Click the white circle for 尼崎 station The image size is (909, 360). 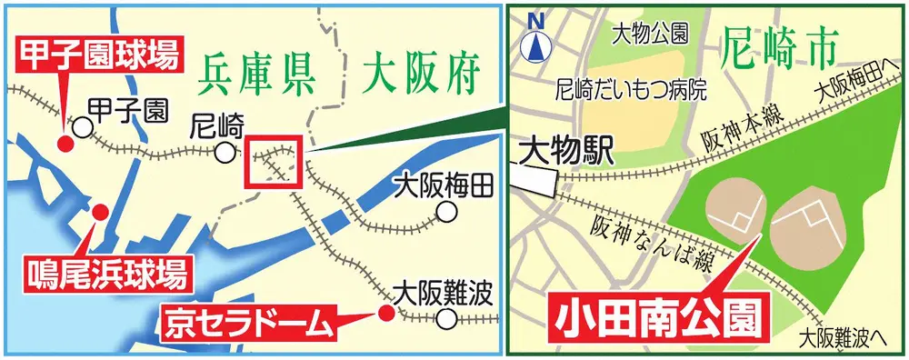click(x=224, y=153)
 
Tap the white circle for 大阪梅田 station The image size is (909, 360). click(x=445, y=213)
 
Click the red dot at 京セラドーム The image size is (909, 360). click(x=385, y=314)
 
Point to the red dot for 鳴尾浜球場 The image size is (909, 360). click(x=100, y=211)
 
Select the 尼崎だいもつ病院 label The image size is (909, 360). click(x=631, y=89)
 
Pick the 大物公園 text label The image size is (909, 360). click(x=649, y=34)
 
